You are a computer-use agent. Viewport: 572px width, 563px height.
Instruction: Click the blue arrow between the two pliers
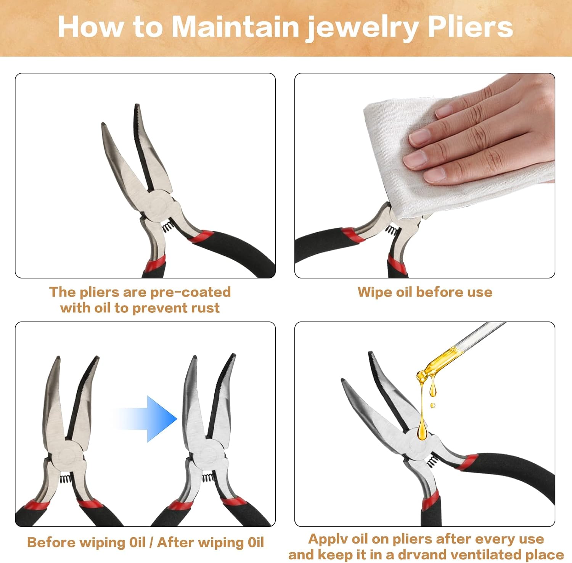coord(145,419)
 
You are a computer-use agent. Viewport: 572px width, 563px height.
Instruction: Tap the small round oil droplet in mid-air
coord(432,405)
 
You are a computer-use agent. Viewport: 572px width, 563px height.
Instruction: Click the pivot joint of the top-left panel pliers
coord(158,206)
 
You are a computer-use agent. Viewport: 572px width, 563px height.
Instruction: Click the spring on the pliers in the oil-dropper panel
coord(432,462)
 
